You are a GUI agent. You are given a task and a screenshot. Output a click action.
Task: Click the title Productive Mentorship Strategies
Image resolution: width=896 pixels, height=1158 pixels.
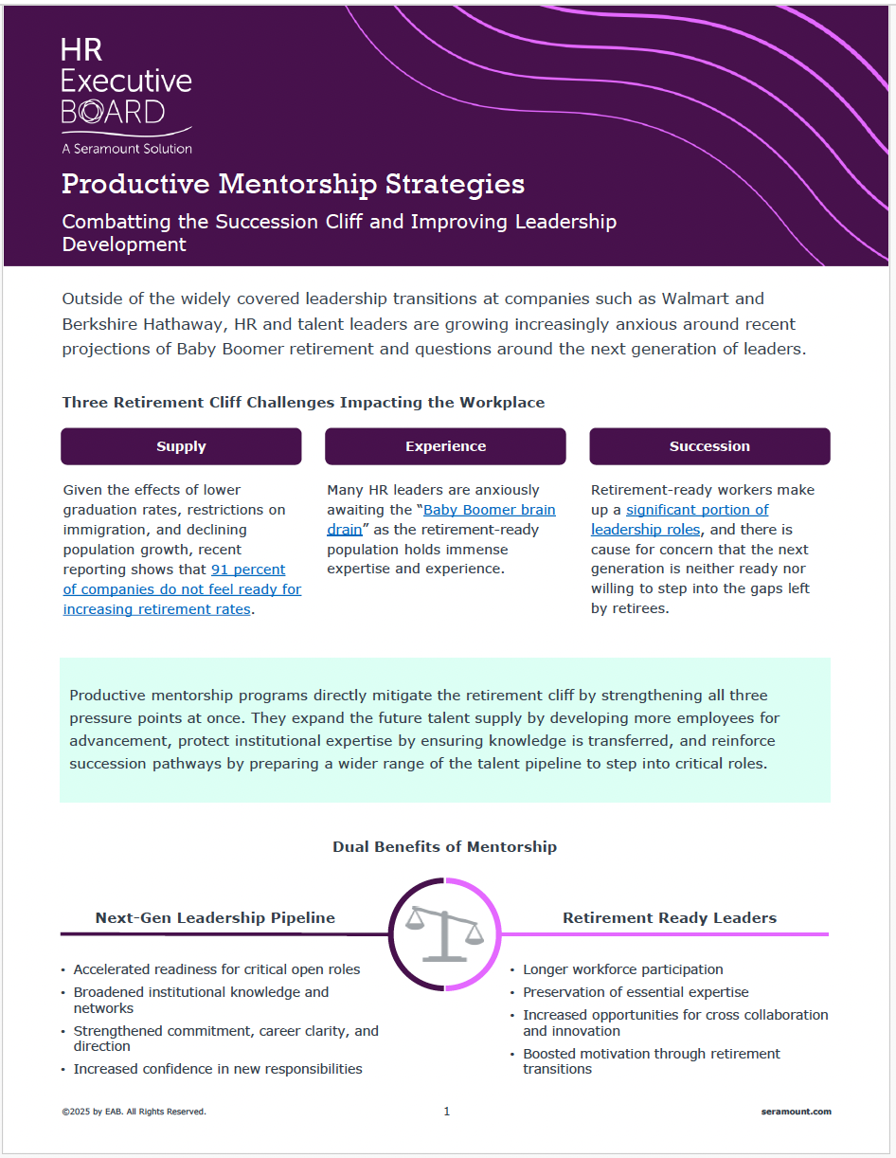[293, 184]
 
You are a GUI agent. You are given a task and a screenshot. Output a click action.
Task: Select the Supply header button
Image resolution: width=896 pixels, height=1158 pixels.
[181, 446]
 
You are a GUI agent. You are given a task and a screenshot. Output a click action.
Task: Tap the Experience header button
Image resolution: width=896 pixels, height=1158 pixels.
[445, 446]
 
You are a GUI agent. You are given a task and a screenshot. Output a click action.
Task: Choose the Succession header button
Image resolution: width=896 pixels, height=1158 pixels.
[709, 446]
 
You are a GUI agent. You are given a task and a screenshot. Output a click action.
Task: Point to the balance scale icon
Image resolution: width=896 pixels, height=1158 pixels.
[444, 934]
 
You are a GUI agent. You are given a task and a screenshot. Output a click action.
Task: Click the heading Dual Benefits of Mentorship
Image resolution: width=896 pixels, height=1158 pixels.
[444, 846]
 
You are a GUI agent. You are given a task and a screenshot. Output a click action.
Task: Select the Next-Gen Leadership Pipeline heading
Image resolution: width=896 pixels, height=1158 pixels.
[215, 917]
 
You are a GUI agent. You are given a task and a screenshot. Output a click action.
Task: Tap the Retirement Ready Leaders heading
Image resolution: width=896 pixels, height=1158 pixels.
[670, 917]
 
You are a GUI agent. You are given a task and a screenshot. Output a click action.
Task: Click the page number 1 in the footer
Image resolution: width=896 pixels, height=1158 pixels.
[447, 1112]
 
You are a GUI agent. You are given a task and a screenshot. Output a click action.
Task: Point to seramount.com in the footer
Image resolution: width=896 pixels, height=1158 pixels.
[796, 1112]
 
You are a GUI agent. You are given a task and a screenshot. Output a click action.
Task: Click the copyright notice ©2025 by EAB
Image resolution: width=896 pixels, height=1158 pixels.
[134, 1112]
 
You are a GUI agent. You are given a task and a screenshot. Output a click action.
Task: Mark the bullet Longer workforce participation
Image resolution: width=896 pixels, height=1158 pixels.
[622, 969]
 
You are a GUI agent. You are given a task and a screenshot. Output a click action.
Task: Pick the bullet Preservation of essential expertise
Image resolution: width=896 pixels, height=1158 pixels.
[636, 992]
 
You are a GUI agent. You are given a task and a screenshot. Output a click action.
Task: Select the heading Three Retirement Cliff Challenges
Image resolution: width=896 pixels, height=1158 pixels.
[303, 403]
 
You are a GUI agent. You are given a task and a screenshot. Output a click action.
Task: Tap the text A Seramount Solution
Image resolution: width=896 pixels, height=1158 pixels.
[127, 149]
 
